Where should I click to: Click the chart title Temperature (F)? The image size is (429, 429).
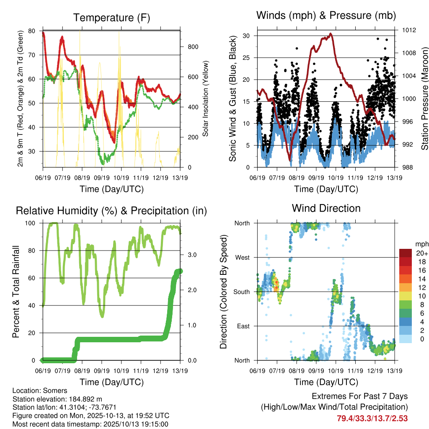click(x=111, y=18)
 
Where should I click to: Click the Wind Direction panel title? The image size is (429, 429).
click(x=326, y=208)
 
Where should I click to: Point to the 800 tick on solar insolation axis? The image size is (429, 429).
click(x=192, y=47)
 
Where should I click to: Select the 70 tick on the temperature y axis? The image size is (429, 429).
click(x=32, y=55)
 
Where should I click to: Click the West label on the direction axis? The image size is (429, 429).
click(x=242, y=257)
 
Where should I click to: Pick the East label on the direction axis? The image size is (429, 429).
click(x=243, y=326)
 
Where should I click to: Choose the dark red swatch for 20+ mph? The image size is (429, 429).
click(x=406, y=253)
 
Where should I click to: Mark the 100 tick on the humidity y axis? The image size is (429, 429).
click(x=31, y=223)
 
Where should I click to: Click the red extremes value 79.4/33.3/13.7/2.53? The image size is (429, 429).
click(x=372, y=418)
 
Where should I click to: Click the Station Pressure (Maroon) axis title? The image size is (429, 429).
click(x=424, y=98)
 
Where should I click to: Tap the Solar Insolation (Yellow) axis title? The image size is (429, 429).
click(x=206, y=98)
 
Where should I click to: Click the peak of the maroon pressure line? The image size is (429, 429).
click(x=331, y=34)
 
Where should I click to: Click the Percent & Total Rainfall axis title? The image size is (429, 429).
click(x=16, y=292)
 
